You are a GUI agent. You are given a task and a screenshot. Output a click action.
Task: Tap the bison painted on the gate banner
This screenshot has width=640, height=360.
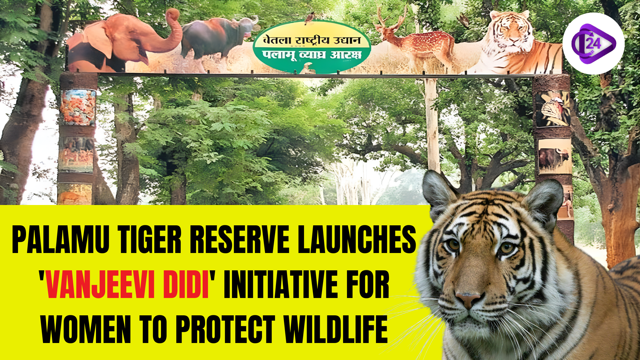[x=217, y=38]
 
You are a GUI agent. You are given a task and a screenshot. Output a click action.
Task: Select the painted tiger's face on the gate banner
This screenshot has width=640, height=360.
[x=508, y=32]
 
